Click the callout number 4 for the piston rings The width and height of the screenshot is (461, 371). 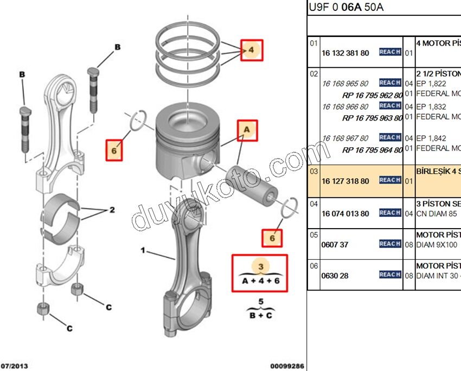tap(251, 51)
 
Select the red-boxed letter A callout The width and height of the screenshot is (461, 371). tap(246, 130)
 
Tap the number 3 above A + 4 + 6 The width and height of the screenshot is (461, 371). tap(260, 266)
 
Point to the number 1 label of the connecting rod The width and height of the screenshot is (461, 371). tap(143, 251)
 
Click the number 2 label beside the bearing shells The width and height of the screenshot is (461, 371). tap(112, 209)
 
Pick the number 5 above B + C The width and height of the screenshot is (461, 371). tap(260, 301)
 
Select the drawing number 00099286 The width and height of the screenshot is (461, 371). tap(287, 366)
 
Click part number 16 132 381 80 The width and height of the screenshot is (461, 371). tap(345, 53)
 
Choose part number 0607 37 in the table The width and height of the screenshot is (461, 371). tap(335, 244)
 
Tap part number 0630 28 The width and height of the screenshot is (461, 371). tap(335, 275)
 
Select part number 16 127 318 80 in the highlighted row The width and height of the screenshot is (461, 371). tap(345, 181)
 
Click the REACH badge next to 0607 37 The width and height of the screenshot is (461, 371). tap(390, 244)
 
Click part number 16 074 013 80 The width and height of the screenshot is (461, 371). tap(345, 213)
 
